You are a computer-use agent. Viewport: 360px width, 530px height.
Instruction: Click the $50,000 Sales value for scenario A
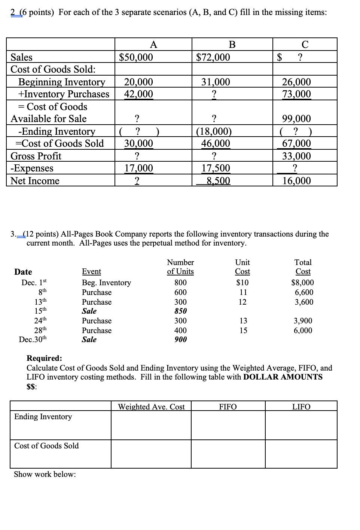(136, 57)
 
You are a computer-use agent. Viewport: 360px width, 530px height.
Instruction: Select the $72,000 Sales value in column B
(213, 57)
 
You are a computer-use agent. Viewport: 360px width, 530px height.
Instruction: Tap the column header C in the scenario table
(305, 45)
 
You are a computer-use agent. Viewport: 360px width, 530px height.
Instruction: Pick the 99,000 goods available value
(296, 119)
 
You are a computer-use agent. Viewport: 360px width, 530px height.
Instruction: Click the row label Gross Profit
(36, 156)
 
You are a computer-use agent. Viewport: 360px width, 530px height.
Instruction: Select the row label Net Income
(35, 181)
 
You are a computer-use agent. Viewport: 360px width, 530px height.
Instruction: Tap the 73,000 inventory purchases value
(296, 94)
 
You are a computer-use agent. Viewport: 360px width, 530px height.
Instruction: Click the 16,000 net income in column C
(296, 181)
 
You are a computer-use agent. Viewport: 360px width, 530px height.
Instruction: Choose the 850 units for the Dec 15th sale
(180, 311)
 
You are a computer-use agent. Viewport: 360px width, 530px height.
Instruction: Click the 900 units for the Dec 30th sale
(180, 339)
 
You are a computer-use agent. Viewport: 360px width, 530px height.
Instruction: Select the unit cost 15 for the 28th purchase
(243, 331)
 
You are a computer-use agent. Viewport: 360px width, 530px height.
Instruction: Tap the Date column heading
(23, 272)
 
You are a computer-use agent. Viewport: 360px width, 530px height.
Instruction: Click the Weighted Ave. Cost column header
(151, 407)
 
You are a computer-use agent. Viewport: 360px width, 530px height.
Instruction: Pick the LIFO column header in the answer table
(301, 407)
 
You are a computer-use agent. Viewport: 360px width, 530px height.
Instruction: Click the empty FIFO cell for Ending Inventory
(228, 425)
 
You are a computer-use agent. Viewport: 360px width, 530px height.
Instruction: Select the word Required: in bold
(44, 358)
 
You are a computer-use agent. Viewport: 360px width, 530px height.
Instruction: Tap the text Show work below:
(45, 474)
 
